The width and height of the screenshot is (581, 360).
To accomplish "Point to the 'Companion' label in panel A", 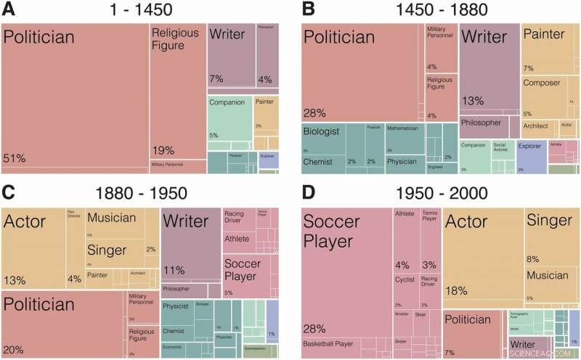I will point(227,102).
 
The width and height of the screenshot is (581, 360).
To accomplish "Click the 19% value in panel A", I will point(163,151).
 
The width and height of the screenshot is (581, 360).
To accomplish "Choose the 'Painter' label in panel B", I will point(543,34).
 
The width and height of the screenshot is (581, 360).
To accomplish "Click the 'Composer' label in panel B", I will point(542,83).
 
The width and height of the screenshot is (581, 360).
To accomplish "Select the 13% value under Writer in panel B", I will point(472,101).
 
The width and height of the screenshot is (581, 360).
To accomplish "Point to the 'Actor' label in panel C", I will point(25,221).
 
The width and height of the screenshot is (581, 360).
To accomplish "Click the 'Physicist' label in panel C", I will point(176,306).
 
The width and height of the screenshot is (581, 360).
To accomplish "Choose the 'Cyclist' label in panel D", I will point(405,277).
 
